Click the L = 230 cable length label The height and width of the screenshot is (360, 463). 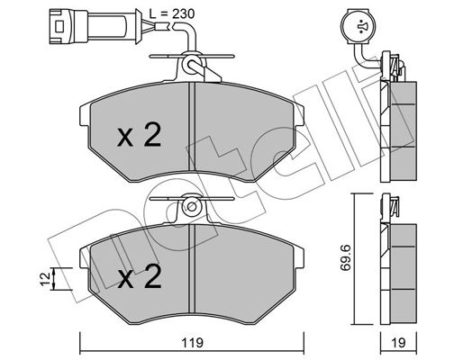[172, 13]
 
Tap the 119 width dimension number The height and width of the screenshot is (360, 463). [192, 343]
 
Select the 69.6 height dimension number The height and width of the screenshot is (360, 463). [346, 258]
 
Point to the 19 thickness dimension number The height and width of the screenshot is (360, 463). [398, 343]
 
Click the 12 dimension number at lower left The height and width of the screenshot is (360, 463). [46, 279]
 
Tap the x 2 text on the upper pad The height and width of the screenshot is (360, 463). [140, 135]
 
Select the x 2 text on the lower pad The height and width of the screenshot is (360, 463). [140, 276]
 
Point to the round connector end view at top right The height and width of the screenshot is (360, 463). [359, 26]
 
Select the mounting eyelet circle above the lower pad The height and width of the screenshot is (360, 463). [192, 207]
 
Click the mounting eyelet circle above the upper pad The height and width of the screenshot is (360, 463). [192, 65]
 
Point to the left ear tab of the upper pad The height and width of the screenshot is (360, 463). [85, 115]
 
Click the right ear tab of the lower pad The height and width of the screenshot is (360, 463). [299, 256]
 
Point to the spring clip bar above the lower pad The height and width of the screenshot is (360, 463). [192, 198]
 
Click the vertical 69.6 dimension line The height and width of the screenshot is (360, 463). [355, 259]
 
